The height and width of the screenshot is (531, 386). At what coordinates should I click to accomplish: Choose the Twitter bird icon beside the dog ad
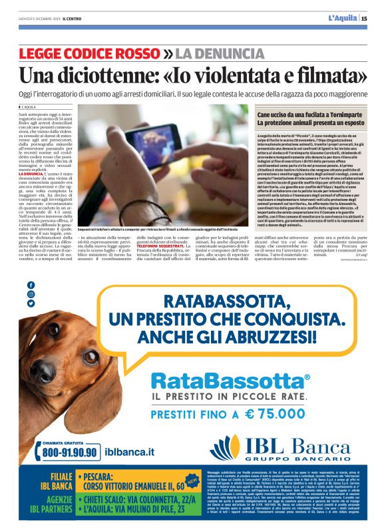(x=31, y=303)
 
